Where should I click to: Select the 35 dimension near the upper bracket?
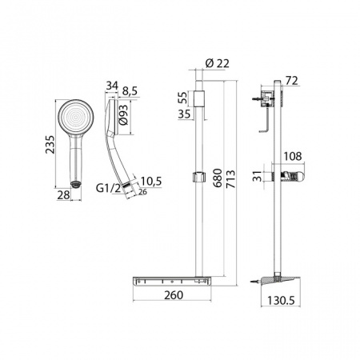point(182,114)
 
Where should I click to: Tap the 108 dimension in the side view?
point(293,158)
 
